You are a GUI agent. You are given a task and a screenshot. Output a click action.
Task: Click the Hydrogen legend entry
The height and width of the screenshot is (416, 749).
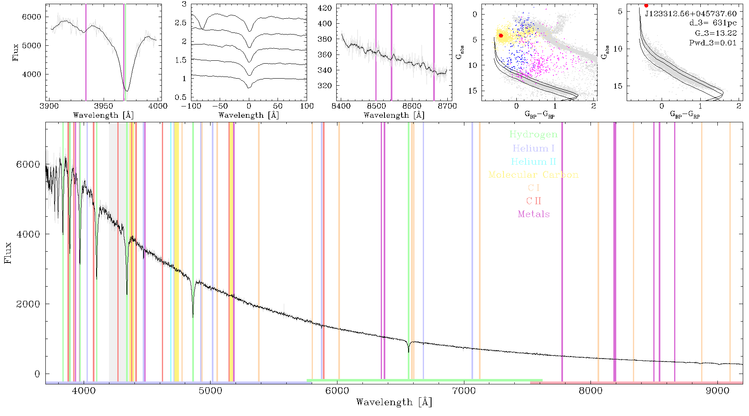click(533, 134)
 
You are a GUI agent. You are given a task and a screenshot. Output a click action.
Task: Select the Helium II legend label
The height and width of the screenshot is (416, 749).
click(533, 161)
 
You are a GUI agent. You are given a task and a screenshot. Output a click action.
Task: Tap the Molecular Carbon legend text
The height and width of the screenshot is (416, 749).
click(533, 175)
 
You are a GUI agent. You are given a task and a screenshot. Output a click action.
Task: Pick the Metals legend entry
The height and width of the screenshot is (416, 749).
click(534, 214)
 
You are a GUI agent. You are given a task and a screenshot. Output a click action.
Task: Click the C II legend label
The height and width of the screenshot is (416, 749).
click(534, 201)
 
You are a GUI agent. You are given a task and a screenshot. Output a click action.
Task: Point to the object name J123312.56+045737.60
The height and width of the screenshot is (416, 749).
click(691, 14)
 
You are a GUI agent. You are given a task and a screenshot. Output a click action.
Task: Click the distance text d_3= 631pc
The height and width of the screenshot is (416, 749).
click(713, 23)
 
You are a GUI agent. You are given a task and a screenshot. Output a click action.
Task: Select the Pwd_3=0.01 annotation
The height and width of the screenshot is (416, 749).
click(713, 42)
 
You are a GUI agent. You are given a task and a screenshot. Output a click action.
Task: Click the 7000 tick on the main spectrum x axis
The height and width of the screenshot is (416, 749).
click(464, 391)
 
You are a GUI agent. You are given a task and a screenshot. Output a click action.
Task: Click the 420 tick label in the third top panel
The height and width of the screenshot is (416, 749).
click(325, 8)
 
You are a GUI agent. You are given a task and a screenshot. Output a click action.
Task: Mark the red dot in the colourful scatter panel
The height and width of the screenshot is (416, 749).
click(501, 36)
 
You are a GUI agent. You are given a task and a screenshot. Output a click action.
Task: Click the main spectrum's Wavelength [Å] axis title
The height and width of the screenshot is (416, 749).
click(394, 402)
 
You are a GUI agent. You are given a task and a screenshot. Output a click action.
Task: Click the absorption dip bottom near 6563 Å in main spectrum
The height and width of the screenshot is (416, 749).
click(409, 352)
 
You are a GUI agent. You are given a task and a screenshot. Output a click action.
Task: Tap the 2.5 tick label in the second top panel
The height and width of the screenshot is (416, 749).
click(181, 23)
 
